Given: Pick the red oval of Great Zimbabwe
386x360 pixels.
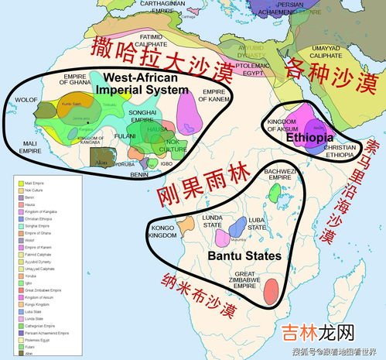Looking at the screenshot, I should click(272, 291).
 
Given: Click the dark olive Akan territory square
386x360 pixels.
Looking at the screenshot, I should click(99, 157).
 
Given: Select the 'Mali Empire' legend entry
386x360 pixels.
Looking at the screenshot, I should click(36, 184).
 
